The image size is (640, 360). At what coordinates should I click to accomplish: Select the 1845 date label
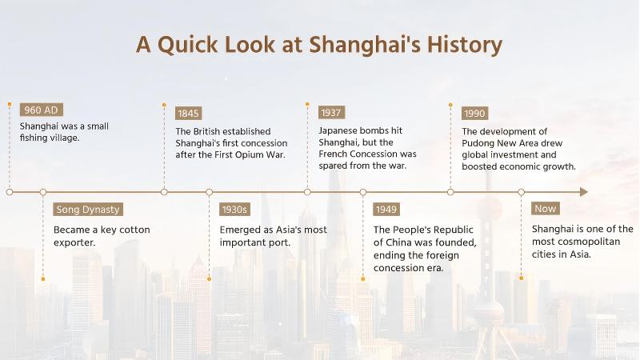tap(189, 113)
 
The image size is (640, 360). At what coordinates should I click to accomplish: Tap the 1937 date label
tap(331, 113)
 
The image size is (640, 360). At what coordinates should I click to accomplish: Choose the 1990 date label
tap(474, 113)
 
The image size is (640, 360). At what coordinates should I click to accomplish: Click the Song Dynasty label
tap(88, 210)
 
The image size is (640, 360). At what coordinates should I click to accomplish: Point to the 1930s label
tap(234, 210)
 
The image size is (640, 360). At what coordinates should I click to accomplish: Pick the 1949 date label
tap(386, 210)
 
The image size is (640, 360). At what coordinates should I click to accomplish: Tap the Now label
tap(546, 209)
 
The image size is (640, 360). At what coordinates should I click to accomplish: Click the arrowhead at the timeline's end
tap(583, 192)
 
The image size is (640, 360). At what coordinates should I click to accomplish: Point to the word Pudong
tap(482, 142)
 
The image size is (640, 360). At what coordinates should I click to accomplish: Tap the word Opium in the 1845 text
tap(249, 154)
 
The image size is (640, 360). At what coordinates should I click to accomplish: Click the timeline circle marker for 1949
tap(363, 192)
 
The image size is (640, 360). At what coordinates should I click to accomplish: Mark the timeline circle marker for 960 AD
tap(9, 192)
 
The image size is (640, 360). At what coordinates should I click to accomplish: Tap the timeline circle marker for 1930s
tap(210, 192)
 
